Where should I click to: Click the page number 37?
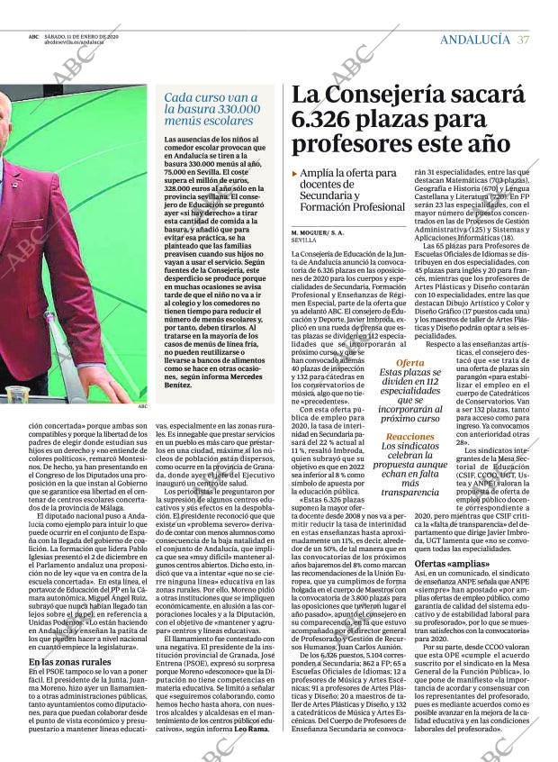tap(525, 39)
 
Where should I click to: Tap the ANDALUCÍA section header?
tap(474, 39)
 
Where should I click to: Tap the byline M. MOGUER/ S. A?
tap(318, 232)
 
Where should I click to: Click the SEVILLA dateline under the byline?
tap(304, 240)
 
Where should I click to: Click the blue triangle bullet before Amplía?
tap(294, 172)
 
